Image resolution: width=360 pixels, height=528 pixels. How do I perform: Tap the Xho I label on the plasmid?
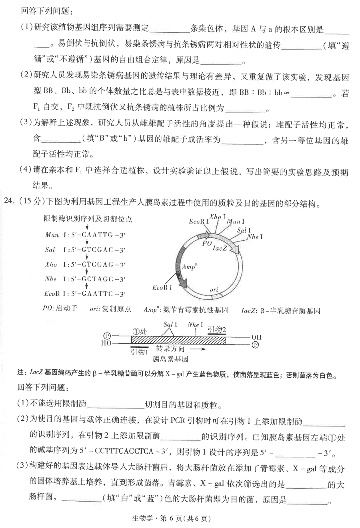[x=216, y=217]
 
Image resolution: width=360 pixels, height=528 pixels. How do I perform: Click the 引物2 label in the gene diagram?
[x=217, y=329]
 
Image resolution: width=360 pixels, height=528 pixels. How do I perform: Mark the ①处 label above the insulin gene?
[x=140, y=331]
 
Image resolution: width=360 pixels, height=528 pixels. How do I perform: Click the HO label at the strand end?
[x=106, y=343]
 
